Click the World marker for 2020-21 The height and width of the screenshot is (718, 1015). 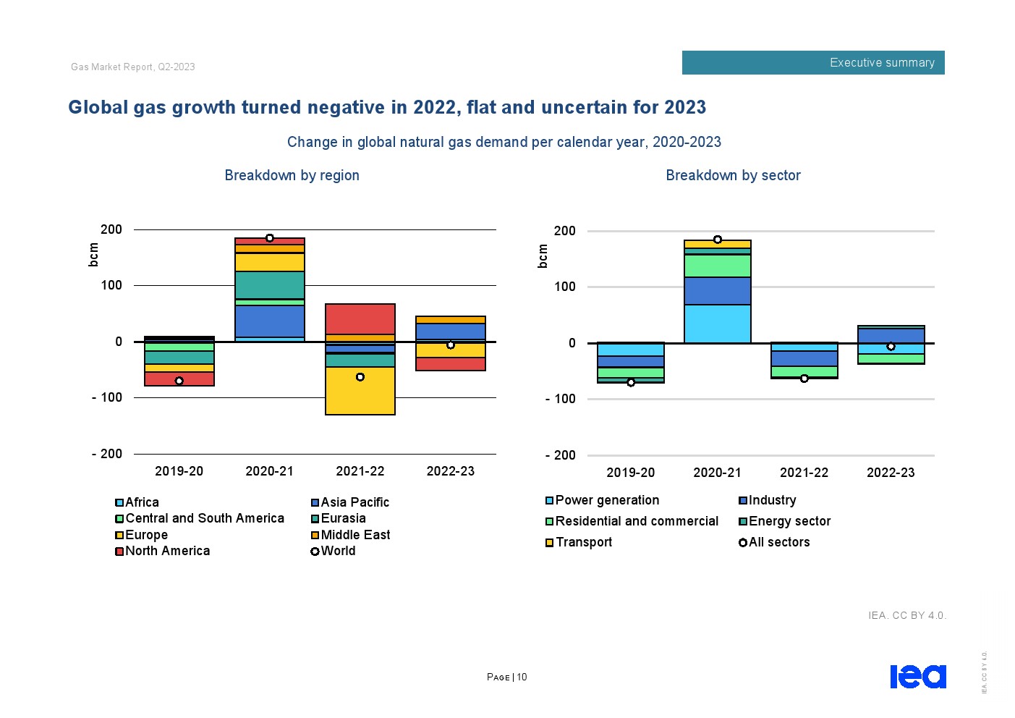[x=270, y=238]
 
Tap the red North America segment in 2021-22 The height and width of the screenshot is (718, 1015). [x=360, y=318]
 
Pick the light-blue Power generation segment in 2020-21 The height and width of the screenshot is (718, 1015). [x=717, y=324]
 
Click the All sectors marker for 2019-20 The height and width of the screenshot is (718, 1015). [x=631, y=382]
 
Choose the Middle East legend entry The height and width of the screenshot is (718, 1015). [x=351, y=535]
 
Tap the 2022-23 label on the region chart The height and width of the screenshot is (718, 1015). [x=450, y=471]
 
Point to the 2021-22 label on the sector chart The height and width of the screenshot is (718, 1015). [x=804, y=473]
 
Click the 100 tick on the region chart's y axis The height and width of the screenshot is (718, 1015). [x=111, y=285]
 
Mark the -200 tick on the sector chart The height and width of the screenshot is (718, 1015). [x=561, y=455]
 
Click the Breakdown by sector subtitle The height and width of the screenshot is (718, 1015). [x=733, y=175]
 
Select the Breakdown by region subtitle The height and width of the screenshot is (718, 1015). [x=292, y=175]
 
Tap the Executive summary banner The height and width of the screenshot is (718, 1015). [x=813, y=63]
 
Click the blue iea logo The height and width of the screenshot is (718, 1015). [x=917, y=676]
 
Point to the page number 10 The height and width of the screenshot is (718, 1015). [x=522, y=677]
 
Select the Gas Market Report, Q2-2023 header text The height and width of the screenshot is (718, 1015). [x=133, y=67]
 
